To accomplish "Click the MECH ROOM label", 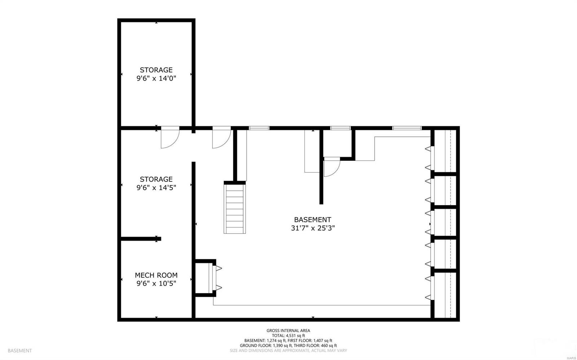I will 156,275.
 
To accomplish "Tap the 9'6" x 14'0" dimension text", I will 156,78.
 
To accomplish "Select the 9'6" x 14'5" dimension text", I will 156,187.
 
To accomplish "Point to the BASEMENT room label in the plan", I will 312,219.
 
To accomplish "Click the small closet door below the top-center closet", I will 332,168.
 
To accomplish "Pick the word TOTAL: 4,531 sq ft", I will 288,335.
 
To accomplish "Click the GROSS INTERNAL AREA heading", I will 288,330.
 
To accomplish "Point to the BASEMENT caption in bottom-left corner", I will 19,350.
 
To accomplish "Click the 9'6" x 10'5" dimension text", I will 156,283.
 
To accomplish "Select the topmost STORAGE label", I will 156,70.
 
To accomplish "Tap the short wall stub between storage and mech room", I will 141,239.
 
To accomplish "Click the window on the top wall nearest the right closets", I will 407,128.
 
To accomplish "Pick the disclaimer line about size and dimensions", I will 288,350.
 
